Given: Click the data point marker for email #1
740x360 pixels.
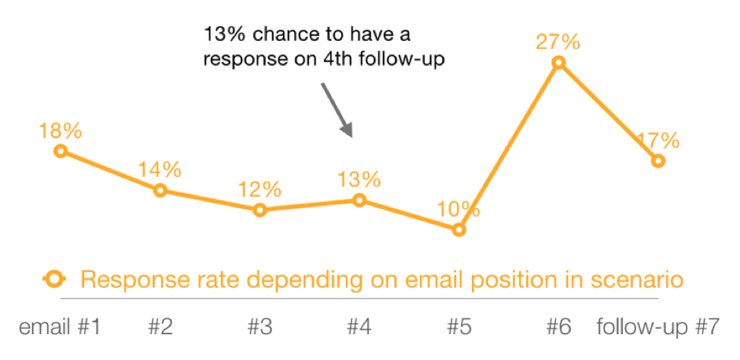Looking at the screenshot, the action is point(61,151).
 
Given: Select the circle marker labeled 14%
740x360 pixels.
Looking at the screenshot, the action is point(160,191).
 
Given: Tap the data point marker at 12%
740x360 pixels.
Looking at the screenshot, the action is point(260,210).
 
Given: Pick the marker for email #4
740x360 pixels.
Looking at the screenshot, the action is point(359,200).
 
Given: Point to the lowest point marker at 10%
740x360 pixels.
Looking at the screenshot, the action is point(458,230).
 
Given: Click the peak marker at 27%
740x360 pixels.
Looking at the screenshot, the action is point(558,62).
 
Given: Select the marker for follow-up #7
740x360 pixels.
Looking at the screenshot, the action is point(658,161).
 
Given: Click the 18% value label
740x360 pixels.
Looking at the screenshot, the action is point(60,131).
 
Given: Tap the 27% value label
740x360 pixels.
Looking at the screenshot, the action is point(558,43).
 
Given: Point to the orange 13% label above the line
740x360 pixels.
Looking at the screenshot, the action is point(359,180).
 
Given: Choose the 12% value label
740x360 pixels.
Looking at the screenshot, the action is point(260,190).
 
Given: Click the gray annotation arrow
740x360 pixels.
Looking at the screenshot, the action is point(337,110).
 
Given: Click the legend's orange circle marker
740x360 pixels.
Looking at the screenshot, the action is point(54,279).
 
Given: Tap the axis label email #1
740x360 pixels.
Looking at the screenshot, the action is point(60,327).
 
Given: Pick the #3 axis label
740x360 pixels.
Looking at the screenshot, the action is point(260,327).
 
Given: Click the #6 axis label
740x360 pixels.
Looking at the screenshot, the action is point(559,327).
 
